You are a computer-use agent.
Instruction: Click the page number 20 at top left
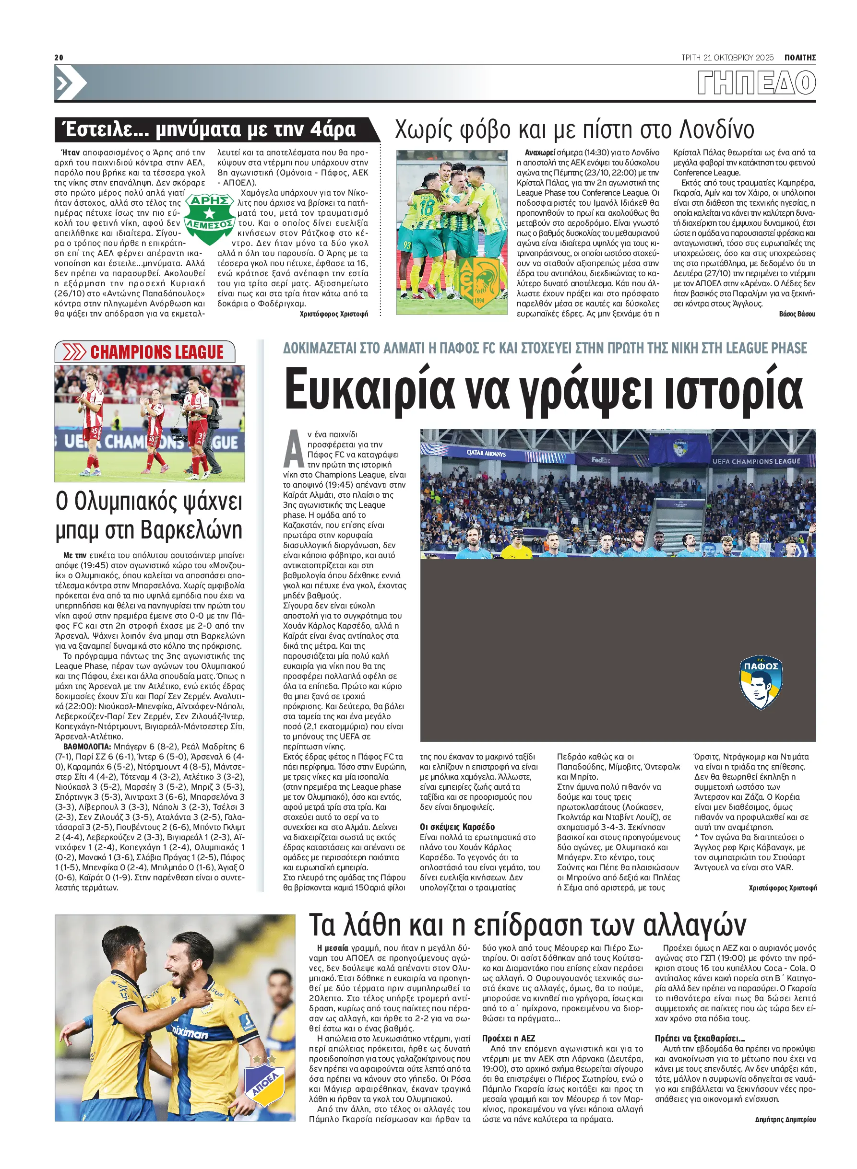coord(59,58)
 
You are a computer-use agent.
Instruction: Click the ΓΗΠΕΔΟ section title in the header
coord(756,83)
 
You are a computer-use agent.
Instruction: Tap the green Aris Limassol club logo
coord(209,218)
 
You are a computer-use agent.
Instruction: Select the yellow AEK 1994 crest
coord(480,282)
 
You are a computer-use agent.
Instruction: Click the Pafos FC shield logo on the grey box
coord(761,682)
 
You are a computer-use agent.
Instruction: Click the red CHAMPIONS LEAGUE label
coord(156,352)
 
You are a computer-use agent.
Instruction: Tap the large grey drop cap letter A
coord(294,449)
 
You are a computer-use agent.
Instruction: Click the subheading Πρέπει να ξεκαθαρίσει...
coord(699,1039)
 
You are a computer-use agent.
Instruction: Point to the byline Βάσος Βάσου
coord(797,314)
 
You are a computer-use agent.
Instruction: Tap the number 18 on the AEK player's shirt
coord(427,209)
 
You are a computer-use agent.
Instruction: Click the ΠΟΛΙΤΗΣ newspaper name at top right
coord(799,58)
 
